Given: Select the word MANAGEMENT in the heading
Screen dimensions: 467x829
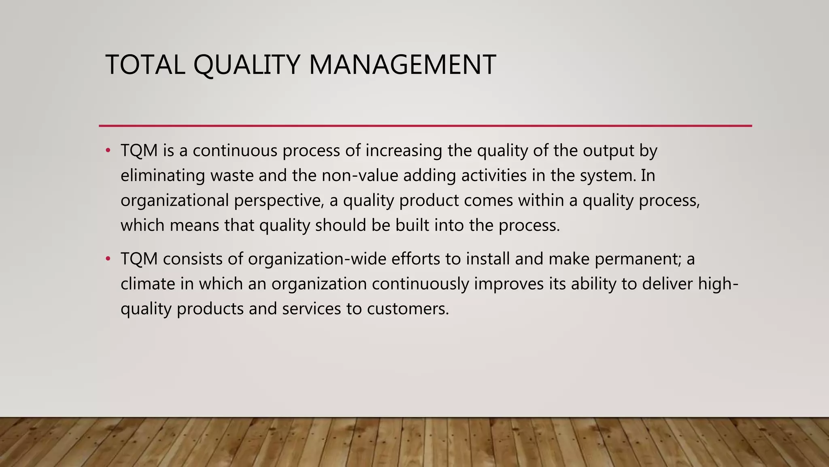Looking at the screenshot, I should pyautogui.click(x=402, y=65).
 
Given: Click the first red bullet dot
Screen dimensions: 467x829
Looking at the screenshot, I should pyautogui.click(x=108, y=151).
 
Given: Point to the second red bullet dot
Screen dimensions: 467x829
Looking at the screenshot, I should pyautogui.click(x=108, y=259).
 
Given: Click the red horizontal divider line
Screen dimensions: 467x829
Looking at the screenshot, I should pyautogui.click(x=425, y=126).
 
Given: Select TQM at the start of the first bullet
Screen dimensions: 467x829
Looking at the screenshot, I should pyautogui.click(x=139, y=151).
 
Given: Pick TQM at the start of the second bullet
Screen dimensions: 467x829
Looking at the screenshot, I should pyautogui.click(x=139, y=259).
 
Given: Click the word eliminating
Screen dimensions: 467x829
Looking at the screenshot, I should pyautogui.click(x=163, y=176).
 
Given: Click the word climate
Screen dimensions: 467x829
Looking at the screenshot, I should pyautogui.click(x=148, y=284).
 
